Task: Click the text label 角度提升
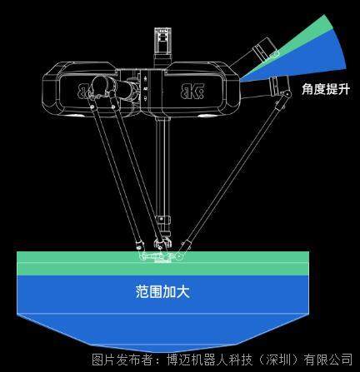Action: pos(325,90)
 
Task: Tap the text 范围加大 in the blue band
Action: pos(162,292)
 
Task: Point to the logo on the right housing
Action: pos(192,91)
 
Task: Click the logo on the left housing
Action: pos(83,91)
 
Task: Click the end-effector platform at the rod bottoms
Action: pos(160,256)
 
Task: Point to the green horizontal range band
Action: pos(162,263)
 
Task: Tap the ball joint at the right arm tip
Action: pos(286,94)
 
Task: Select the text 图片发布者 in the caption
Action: pos(122,360)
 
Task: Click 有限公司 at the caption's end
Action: pos(328,360)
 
